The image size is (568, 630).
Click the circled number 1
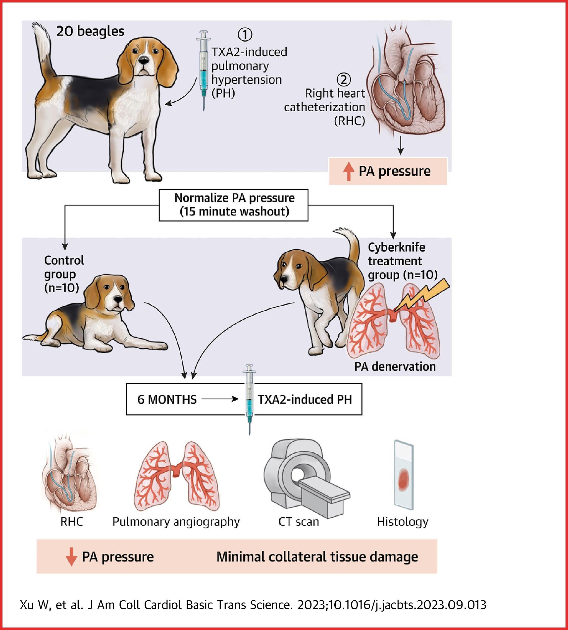245,34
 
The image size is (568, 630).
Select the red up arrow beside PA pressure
349,172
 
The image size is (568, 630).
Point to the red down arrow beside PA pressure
71,557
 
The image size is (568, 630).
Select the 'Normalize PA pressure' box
233,205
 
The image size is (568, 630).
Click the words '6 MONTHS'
167,399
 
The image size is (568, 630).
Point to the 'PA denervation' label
395,366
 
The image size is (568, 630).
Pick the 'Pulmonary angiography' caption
176,522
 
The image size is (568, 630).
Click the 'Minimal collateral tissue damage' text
317,557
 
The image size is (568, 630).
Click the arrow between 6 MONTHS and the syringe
220,399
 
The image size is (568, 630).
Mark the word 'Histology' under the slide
403,522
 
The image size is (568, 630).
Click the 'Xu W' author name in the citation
34,605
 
